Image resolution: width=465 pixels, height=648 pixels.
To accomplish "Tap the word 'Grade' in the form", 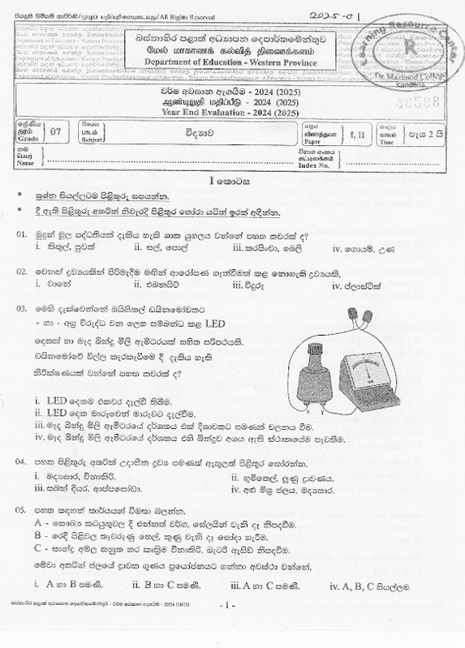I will tap(27, 137).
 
